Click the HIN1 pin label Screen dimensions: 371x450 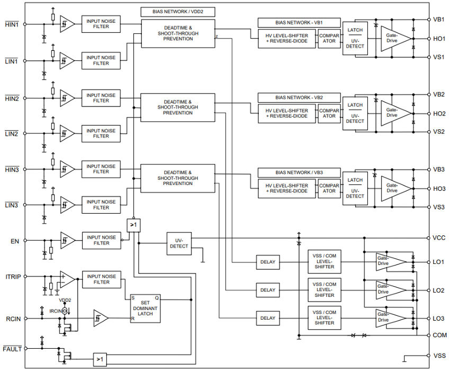point(12,24)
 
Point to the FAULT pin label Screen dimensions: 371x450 point(12,348)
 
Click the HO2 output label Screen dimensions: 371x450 point(439,114)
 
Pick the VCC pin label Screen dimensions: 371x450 point(439,238)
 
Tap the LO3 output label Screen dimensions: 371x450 point(438,319)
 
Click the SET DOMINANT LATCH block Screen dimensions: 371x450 point(146,307)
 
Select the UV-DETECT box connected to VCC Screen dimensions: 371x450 point(178,243)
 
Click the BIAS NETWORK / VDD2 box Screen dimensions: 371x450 point(178,11)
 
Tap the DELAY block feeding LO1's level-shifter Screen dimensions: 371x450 point(268,262)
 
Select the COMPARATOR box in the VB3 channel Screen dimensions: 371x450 point(329,188)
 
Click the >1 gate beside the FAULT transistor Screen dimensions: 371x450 point(100,359)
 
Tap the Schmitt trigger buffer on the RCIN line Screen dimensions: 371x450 point(101,318)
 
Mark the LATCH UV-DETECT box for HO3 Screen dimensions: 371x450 point(355,188)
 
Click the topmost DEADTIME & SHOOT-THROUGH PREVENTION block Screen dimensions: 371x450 point(178,33)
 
